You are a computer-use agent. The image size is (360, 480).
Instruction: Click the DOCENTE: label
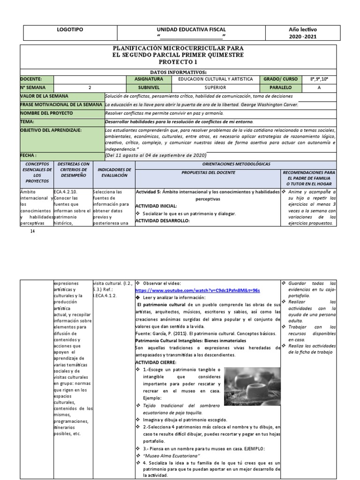pos(31,79)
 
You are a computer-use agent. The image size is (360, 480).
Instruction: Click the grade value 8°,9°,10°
pos(319,79)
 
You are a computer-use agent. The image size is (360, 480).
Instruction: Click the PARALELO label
pos(280,87)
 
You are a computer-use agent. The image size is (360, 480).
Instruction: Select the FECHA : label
pos(28,154)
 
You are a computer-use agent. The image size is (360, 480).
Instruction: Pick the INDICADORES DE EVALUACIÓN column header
pos(114,172)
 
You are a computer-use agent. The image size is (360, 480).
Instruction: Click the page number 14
pos(32,231)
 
